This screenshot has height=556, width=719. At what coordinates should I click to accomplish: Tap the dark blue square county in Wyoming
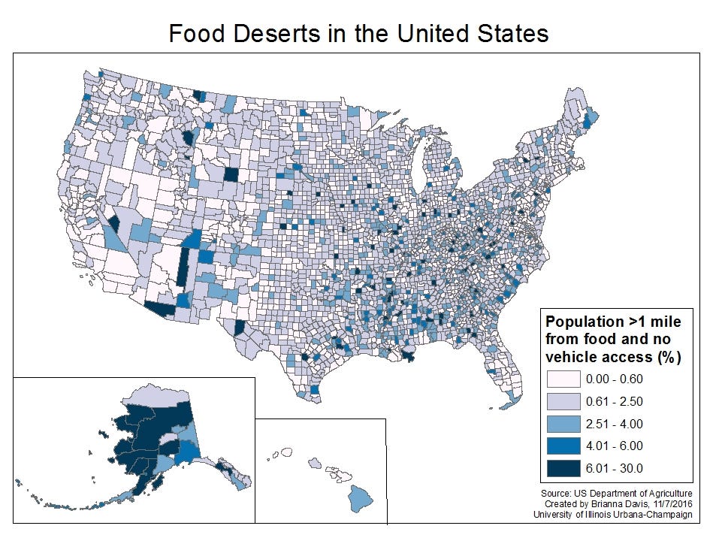232,174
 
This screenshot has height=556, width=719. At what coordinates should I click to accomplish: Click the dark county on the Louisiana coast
409,357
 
